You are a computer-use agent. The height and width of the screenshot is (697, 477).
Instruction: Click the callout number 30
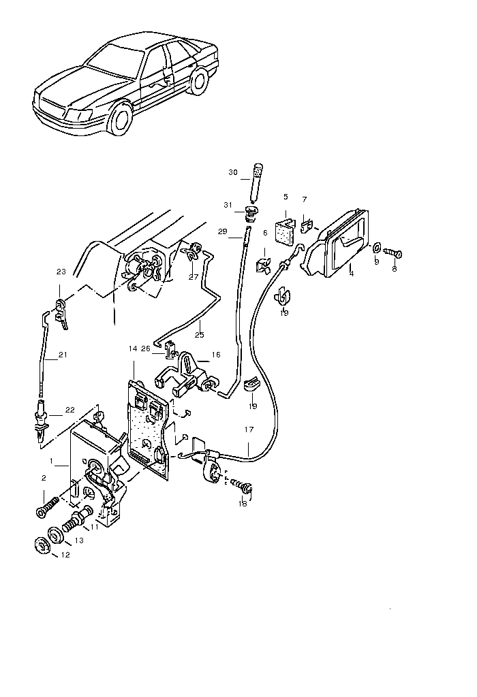(x=233, y=172)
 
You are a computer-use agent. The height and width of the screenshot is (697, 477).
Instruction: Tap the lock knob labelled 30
(x=257, y=182)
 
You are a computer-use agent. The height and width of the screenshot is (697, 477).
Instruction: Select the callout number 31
(x=228, y=205)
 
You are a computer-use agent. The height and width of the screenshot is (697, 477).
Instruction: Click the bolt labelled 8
(x=393, y=253)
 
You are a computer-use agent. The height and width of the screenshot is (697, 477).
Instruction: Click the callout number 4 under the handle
(x=352, y=274)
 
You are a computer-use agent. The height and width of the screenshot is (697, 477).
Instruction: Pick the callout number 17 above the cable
(x=249, y=429)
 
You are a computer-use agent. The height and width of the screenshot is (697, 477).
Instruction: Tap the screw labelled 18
(x=243, y=487)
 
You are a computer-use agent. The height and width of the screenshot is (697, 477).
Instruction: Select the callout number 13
(x=79, y=540)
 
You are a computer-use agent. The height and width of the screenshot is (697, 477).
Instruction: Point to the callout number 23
(x=61, y=272)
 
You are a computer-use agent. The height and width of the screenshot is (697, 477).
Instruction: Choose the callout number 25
(x=200, y=335)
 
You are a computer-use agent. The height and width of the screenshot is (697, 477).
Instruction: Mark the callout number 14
(x=133, y=348)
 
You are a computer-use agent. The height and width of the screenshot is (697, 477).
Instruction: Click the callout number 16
(x=216, y=355)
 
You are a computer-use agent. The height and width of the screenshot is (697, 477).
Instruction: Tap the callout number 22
(x=70, y=410)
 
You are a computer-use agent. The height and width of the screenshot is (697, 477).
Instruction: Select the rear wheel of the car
(x=198, y=81)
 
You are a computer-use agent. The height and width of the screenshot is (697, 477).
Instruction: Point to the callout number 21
(x=63, y=355)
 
